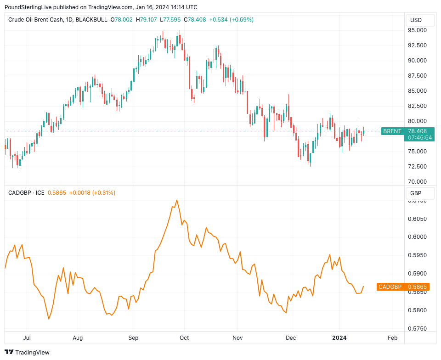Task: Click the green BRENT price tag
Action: (392, 131)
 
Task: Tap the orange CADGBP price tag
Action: (390, 287)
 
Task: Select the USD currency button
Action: (416, 20)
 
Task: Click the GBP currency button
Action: (416, 193)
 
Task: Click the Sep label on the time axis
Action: (134, 338)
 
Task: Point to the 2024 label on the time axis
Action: (339, 338)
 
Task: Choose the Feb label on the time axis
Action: (392, 338)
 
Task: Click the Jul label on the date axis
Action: (27, 338)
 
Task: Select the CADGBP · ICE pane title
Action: (26, 193)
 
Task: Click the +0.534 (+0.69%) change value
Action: (231, 20)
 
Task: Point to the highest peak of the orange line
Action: (177, 200)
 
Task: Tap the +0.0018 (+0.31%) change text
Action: (92, 193)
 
